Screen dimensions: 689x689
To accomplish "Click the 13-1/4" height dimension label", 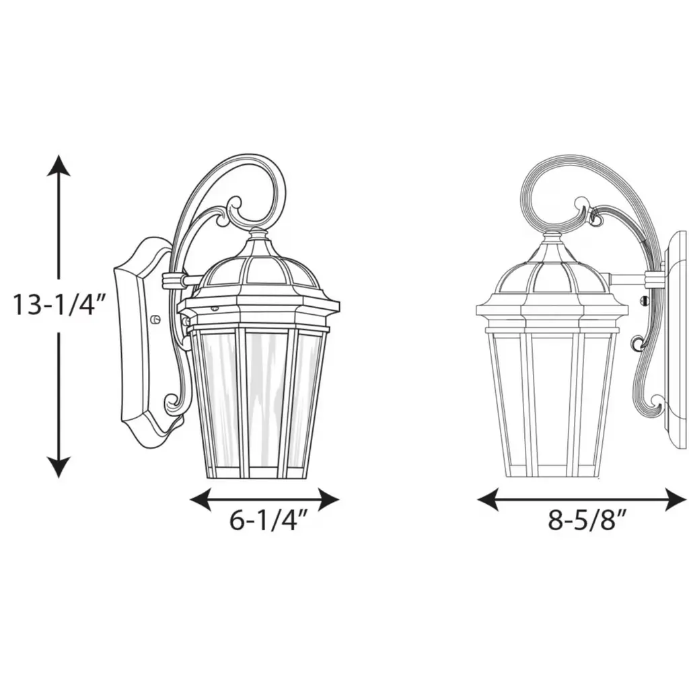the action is (x=59, y=305).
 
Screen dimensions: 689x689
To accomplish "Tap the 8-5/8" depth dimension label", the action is (x=586, y=521).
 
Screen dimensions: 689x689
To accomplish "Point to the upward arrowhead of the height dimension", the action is (x=59, y=166).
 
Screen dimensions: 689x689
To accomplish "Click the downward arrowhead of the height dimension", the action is (x=59, y=467).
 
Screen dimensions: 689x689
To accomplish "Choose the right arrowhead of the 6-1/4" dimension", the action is (x=328, y=499).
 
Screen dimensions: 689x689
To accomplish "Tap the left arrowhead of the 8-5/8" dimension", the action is (x=488, y=499).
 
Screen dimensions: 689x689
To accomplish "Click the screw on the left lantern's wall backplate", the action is (x=155, y=319).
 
